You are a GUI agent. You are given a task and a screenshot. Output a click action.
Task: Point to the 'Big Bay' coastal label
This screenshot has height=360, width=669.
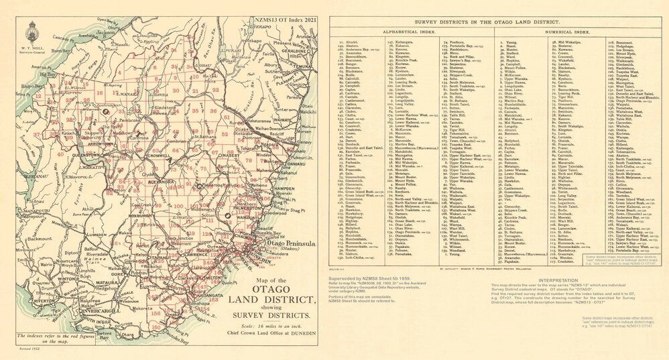(47, 75)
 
